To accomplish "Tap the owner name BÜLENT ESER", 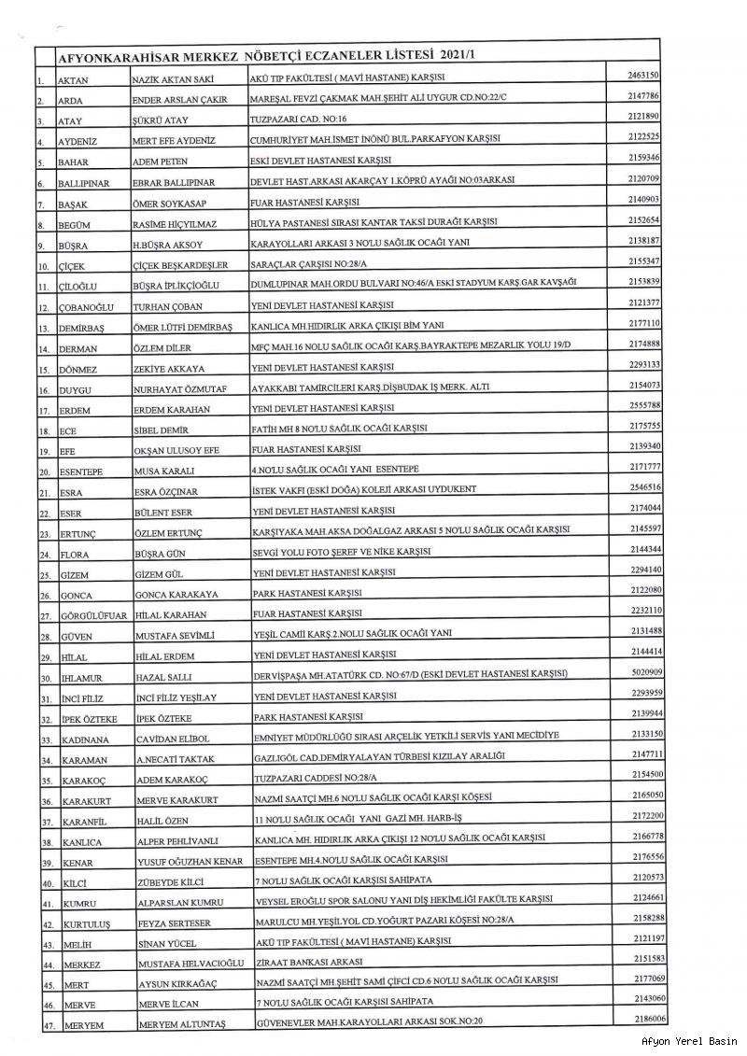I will (163, 512).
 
